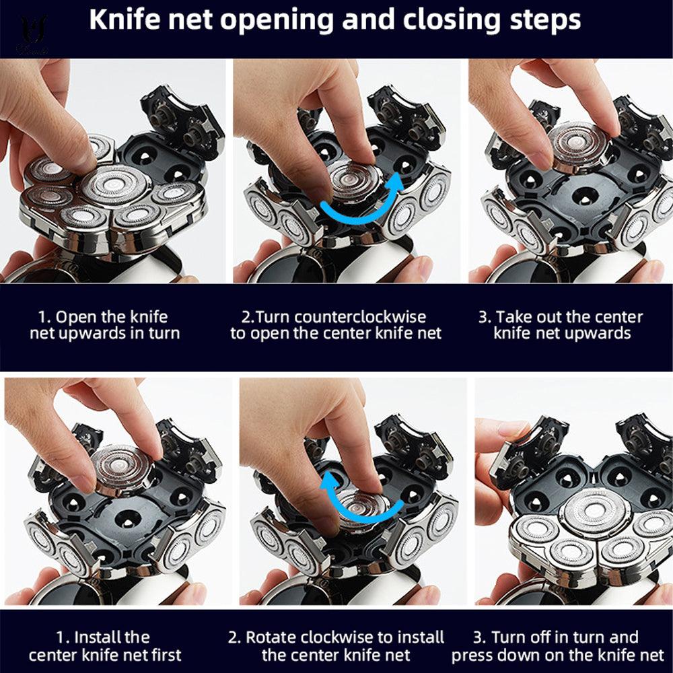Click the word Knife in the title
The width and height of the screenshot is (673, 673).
pyautogui.click(x=125, y=20)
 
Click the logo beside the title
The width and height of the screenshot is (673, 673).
pyautogui.click(x=32, y=34)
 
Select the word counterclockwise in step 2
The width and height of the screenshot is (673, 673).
pyautogui.click(x=360, y=317)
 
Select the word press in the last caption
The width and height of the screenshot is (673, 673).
pyautogui.click(x=473, y=656)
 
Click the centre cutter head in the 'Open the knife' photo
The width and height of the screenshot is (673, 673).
pyautogui.click(x=115, y=185)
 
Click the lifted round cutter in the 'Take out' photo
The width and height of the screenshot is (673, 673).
pyautogui.click(x=579, y=146)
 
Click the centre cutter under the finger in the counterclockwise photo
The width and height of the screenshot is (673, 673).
pyautogui.click(x=355, y=180)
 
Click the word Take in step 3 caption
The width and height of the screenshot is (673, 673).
pyautogui.click(x=511, y=317)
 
